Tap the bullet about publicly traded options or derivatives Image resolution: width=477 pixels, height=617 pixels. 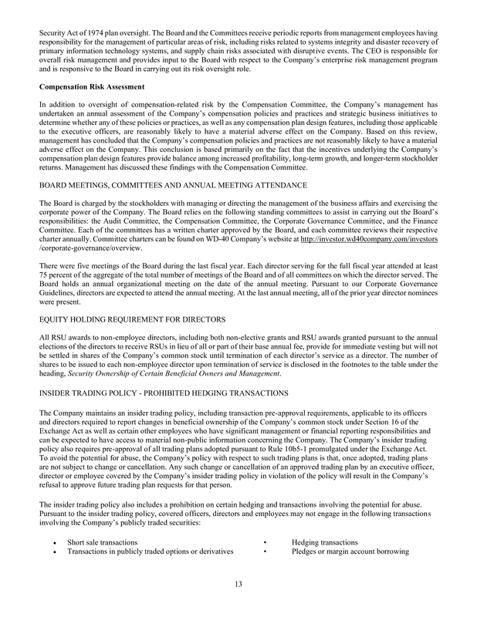151,552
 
